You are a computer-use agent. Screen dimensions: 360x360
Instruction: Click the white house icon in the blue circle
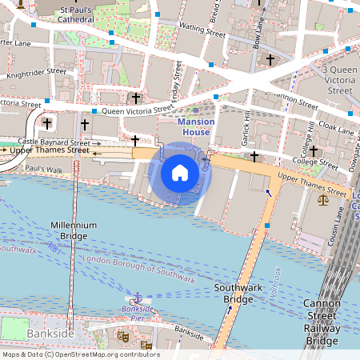click(180, 173)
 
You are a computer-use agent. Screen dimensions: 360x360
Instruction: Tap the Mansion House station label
click(196, 126)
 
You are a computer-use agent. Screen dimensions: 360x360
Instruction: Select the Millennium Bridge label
click(74, 231)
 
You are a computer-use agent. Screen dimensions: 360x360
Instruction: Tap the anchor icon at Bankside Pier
click(137, 297)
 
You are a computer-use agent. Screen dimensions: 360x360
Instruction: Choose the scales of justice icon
click(322, 200)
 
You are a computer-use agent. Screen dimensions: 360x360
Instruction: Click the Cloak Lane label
click(334, 127)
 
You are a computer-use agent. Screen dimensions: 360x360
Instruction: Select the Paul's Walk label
click(44, 170)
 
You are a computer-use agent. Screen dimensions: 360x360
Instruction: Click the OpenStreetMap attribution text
click(80, 354)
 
